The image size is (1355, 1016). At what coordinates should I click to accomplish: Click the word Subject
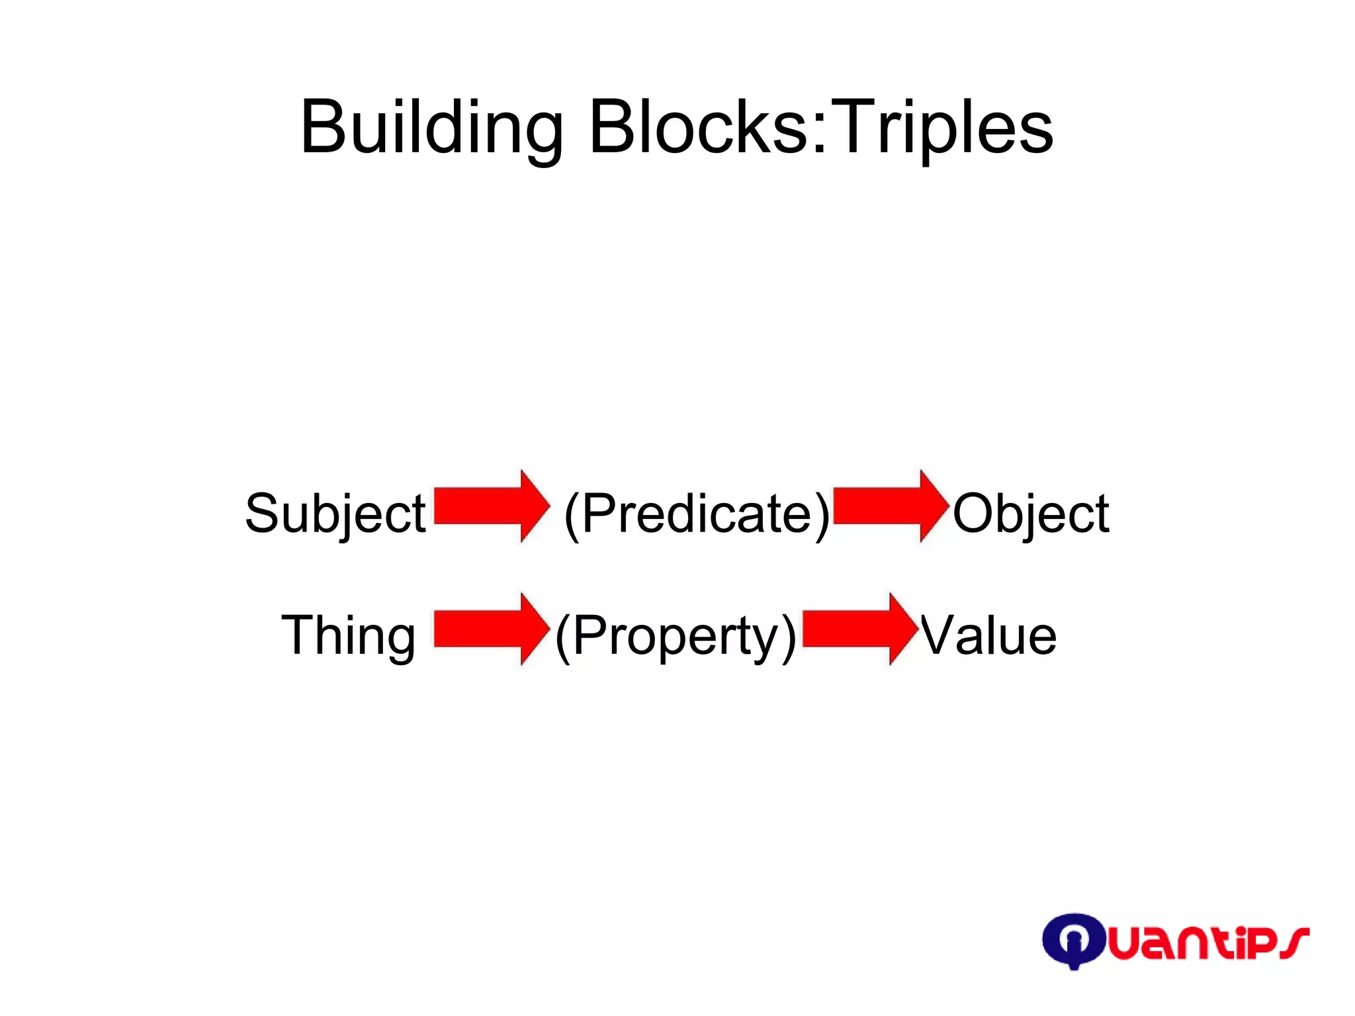click(x=335, y=514)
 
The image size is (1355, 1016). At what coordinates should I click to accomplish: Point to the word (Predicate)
click(x=697, y=514)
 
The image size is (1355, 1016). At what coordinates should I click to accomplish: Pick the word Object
click(x=1031, y=514)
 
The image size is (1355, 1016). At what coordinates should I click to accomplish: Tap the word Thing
click(x=349, y=635)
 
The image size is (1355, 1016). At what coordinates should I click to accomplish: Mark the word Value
click(x=988, y=635)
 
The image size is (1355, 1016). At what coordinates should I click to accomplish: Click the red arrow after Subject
click(x=491, y=506)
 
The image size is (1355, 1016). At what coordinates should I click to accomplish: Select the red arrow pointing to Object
click(x=891, y=506)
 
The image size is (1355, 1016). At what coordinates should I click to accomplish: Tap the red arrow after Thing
click(x=491, y=629)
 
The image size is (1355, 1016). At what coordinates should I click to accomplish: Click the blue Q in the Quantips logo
click(x=1073, y=940)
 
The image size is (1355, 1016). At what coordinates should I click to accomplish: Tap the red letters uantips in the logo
click(x=1207, y=943)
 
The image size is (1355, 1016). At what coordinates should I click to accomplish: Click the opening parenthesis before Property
click(x=562, y=637)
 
